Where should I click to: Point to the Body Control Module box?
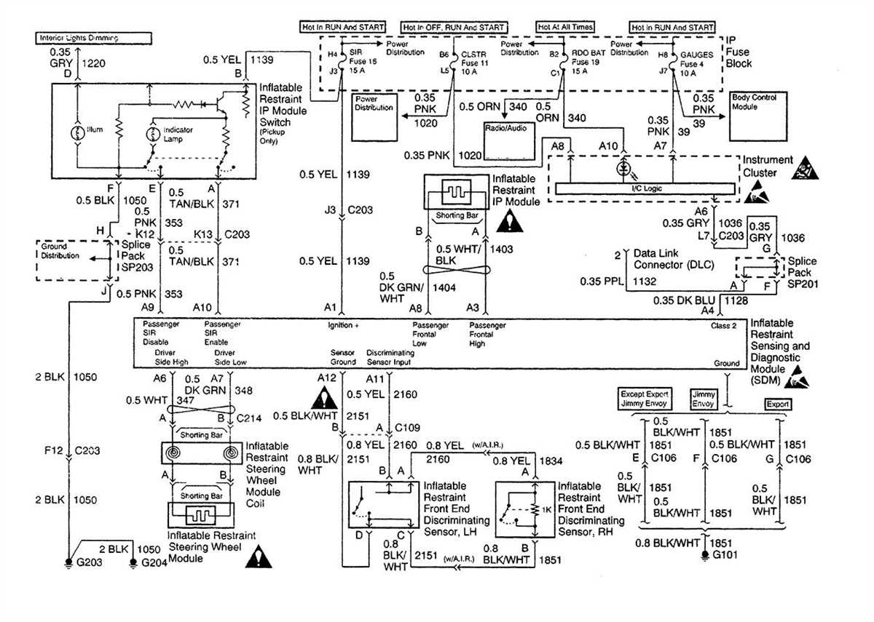[758, 104]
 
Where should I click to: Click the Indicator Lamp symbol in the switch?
[154, 136]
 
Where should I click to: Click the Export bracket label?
[777, 404]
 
